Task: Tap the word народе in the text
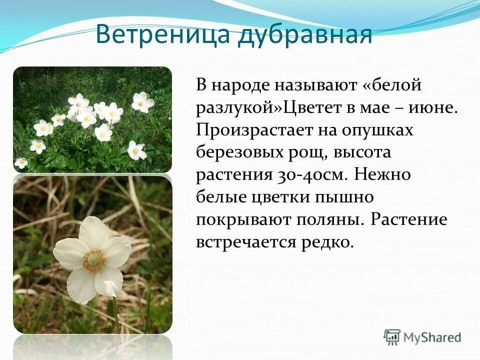coord(240,85)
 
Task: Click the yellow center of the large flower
coord(94,260)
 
